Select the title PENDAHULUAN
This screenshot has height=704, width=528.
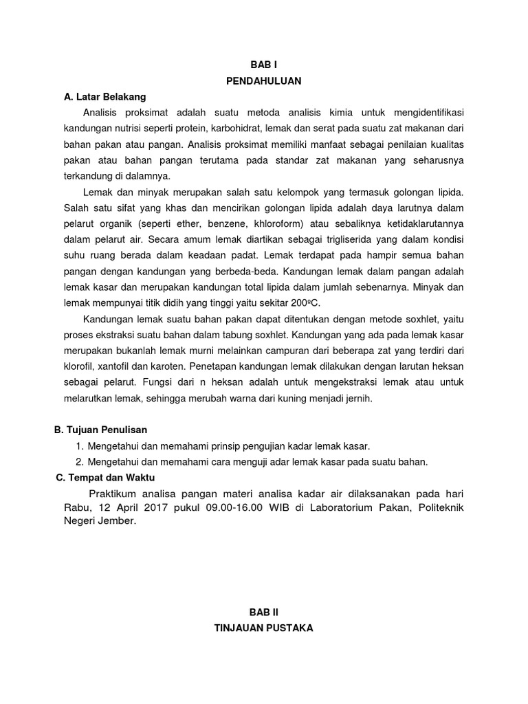264,81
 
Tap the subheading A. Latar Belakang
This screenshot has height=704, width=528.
105,97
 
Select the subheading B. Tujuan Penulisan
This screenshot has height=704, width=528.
101,430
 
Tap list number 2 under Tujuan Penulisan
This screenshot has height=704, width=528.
80,462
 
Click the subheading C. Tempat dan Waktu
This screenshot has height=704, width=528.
107,478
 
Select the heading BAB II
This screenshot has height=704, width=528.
264,610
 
